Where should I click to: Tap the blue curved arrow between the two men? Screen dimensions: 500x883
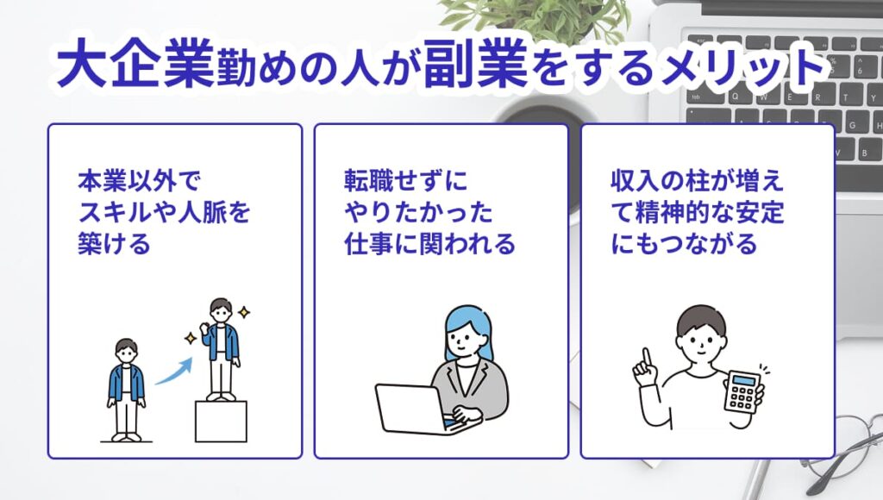pyautogui.click(x=173, y=369)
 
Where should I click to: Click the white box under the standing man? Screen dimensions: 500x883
pyautogui.click(x=221, y=420)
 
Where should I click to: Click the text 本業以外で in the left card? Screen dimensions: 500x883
pyautogui.click(x=137, y=182)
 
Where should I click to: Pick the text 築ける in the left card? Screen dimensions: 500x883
pyautogui.click(x=114, y=244)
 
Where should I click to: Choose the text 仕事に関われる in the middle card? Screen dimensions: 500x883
pyautogui.click(x=429, y=244)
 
